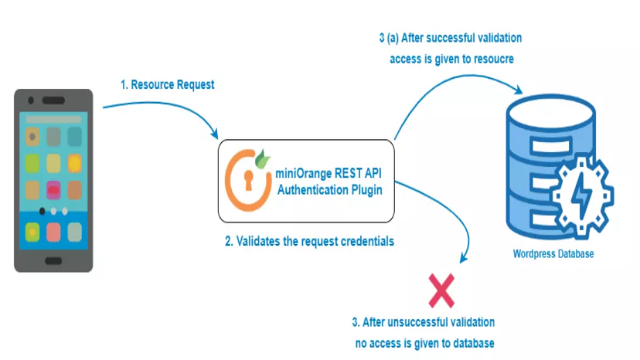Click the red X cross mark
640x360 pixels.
tap(441, 291)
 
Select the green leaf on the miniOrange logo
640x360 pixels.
tap(264, 155)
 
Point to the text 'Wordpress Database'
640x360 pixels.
tap(553, 254)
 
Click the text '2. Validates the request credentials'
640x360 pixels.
tap(309, 242)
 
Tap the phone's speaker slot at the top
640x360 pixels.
tap(53, 100)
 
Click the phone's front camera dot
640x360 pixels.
tap(30, 100)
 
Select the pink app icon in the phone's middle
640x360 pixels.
tap(53, 190)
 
